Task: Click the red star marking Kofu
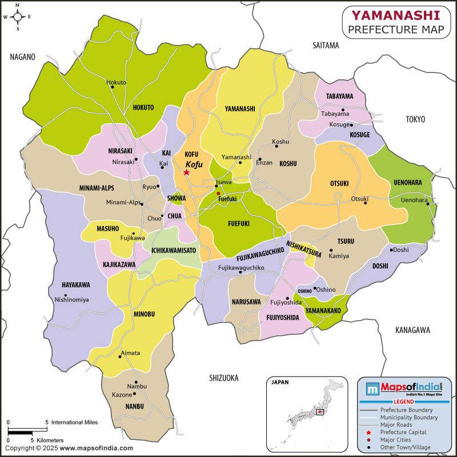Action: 187,172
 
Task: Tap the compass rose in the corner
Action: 17,17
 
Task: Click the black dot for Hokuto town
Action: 108,89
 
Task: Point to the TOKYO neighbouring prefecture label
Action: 416,119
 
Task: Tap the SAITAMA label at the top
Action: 326,45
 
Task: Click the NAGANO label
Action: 22,57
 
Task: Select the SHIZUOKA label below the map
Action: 224,378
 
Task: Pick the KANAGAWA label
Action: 412,330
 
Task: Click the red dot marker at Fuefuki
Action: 218,194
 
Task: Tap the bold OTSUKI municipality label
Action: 339,183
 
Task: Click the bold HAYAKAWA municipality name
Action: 76,284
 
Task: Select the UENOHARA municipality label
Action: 407,182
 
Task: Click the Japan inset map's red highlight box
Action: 320,411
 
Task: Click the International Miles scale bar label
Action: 74,422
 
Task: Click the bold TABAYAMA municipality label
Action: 339,96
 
